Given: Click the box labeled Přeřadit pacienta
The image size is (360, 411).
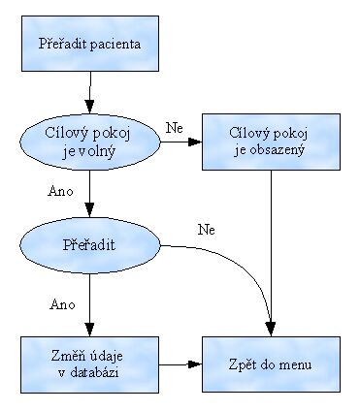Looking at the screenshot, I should pos(88,44).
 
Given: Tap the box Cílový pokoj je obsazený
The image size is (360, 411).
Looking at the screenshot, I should pos(271,142).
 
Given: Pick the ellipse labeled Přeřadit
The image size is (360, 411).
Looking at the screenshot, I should pos(89,245).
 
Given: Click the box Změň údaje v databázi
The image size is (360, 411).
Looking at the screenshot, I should pos(88,364).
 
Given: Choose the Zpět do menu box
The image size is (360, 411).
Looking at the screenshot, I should pos(271,364).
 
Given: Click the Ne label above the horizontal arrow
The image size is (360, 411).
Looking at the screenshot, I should pos(175,128).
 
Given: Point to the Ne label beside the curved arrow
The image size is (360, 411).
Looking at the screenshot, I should pos(206,230).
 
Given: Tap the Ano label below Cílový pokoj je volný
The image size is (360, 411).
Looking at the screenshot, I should pos(59,190).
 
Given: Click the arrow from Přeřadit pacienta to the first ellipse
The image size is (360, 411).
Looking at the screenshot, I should pos(89,92).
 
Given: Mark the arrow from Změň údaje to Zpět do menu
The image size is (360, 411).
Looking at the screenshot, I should pos(180,364).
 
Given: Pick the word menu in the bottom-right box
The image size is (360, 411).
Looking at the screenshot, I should pos(294,364).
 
